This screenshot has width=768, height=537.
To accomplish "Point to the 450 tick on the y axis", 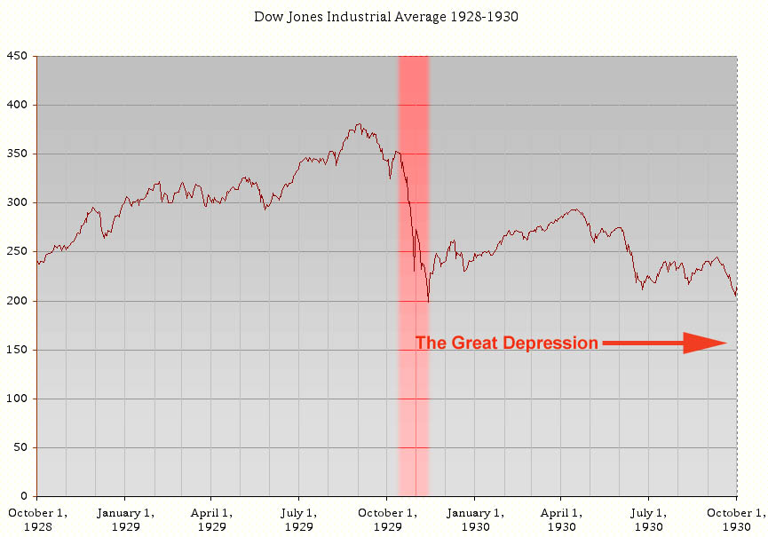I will (18, 56).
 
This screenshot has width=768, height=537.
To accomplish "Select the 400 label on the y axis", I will (18, 106).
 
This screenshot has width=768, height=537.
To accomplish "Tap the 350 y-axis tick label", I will (18, 154).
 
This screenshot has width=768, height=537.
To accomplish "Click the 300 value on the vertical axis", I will (18, 203).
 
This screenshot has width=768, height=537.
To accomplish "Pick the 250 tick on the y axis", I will (18, 252).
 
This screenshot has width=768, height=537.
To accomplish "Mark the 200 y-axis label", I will (18, 301).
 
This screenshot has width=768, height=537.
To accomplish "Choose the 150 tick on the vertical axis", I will (18, 350).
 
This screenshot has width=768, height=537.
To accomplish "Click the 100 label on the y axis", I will (18, 399).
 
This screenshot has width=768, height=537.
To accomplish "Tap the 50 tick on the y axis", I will (21, 447).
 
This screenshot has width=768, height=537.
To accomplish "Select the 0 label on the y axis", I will (25, 496).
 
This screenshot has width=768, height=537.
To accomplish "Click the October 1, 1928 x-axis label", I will (36, 518).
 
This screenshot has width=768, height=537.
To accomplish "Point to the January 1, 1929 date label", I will (124, 518).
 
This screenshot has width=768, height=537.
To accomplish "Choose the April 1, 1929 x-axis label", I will (211, 518).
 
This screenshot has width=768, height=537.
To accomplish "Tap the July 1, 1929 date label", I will (298, 518).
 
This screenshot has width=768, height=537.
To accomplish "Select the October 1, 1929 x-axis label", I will (386, 518).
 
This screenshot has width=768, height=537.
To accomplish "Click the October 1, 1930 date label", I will (736, 518).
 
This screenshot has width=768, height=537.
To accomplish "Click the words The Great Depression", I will (507, 344).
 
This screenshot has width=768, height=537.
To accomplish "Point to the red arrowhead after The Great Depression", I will (705, 344).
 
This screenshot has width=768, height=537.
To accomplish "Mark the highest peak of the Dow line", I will (359, 124).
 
